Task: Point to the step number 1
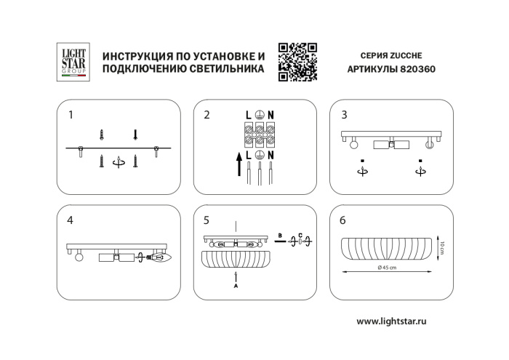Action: click(x=71, y=115)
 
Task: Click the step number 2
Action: click(x=207, y=115)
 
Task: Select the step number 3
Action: click(x=344, y=115)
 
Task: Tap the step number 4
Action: click(x=71, y=219)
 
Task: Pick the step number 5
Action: click(x=207, y=219)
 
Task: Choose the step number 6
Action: click(x=344, y=219)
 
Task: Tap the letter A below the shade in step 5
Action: click(x=234, y=286)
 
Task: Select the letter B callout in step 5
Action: click(x=280, y=235)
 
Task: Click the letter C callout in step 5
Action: click(x=300, y=235)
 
